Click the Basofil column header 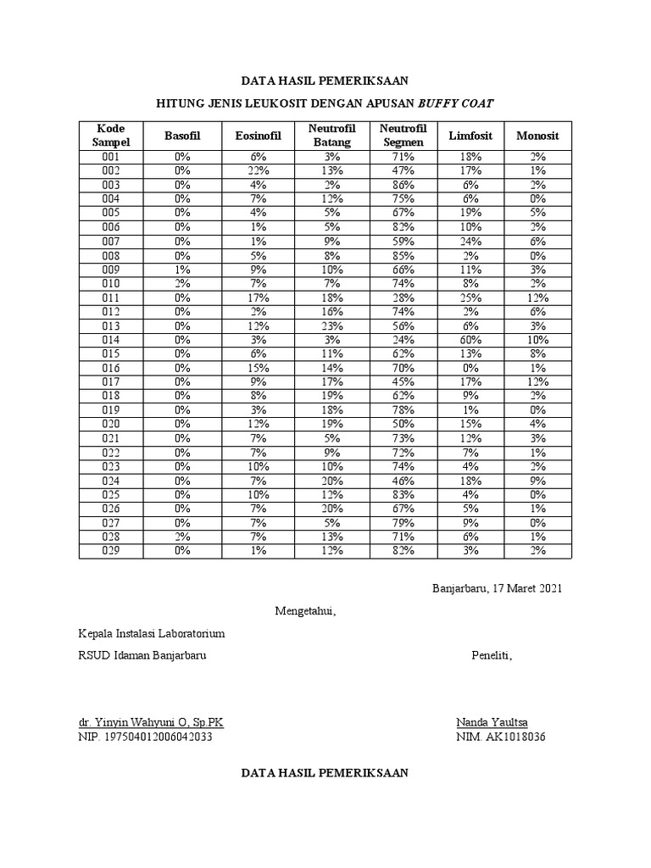tap(182, 136)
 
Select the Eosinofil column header tap(258, 136)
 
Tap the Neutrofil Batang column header tap(331, 136)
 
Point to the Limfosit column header tap(470, 136)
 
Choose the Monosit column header tap(538, 136)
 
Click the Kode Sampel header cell tap(111, 136)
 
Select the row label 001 tap(111, 157)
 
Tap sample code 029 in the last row tap(111, 551)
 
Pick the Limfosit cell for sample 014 tap(470, 340)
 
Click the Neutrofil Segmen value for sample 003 tap(403, 185)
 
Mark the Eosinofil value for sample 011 tap(258, 298)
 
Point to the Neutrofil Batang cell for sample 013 tap(331, 325)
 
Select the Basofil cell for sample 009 tap(182, 270)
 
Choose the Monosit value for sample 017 tap(538, 382)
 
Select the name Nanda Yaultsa tap(492, 722)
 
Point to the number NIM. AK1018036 tap(500, 737)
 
